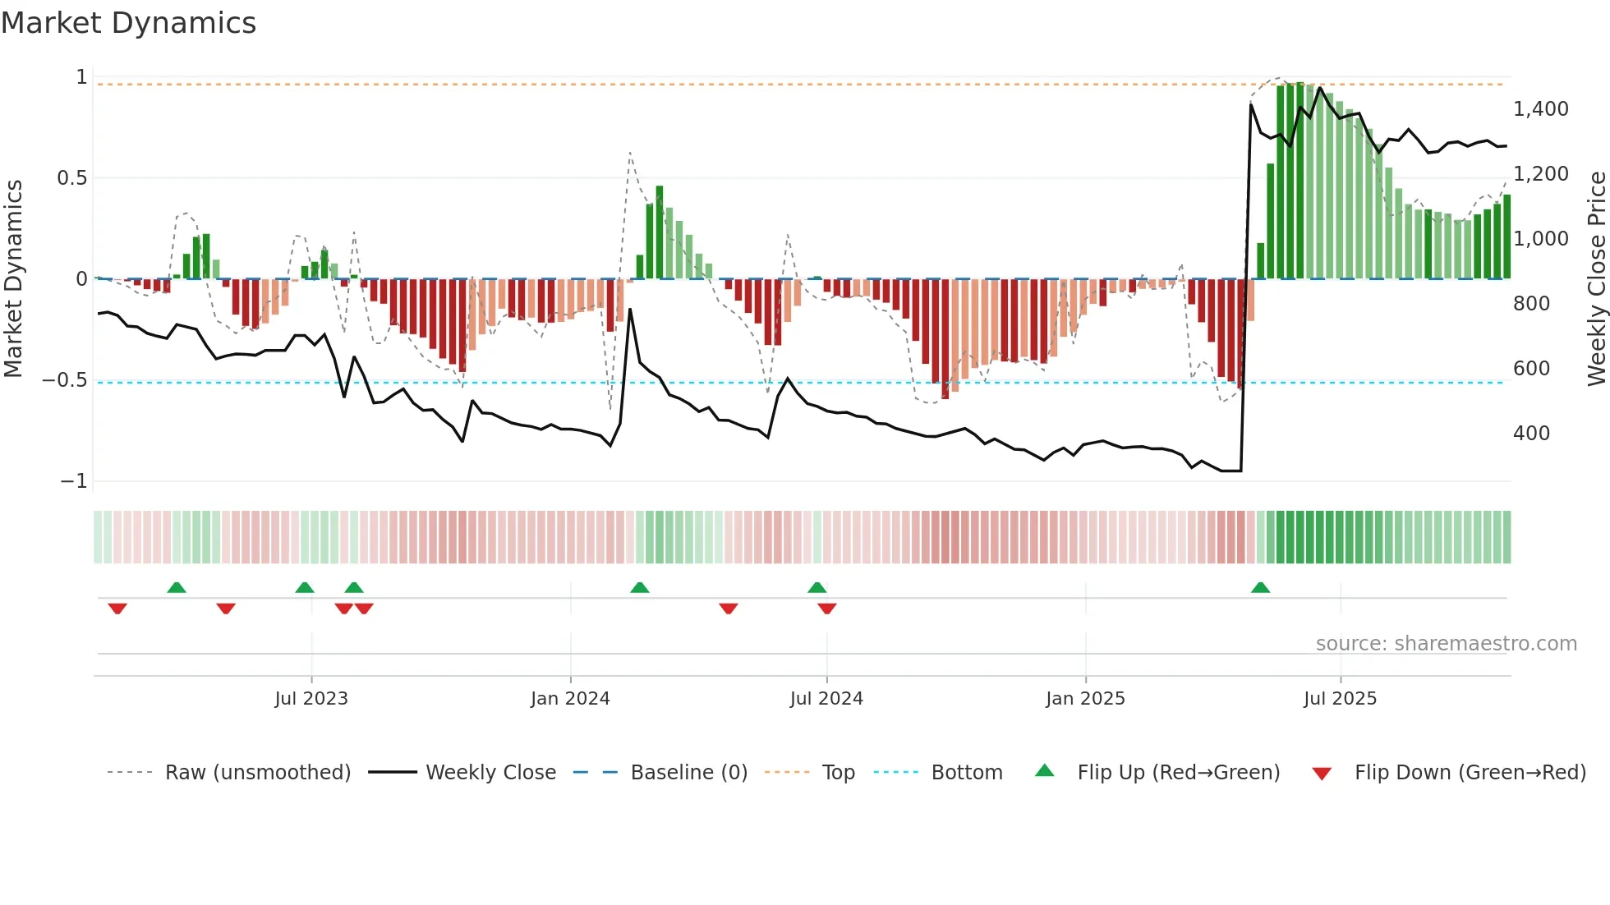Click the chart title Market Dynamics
128,23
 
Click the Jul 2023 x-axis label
311,699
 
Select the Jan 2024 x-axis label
570,699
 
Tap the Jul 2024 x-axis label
826,699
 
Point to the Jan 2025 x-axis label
1085,699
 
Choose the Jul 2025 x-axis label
1340,699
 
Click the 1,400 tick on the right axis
1540,109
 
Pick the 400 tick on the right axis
1531,434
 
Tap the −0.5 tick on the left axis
64,380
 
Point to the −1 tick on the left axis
74,481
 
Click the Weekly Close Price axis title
1596,278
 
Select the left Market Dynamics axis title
13,278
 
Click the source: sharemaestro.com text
1446,644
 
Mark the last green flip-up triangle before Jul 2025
1260,587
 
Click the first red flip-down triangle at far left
117,609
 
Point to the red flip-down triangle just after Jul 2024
827,609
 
